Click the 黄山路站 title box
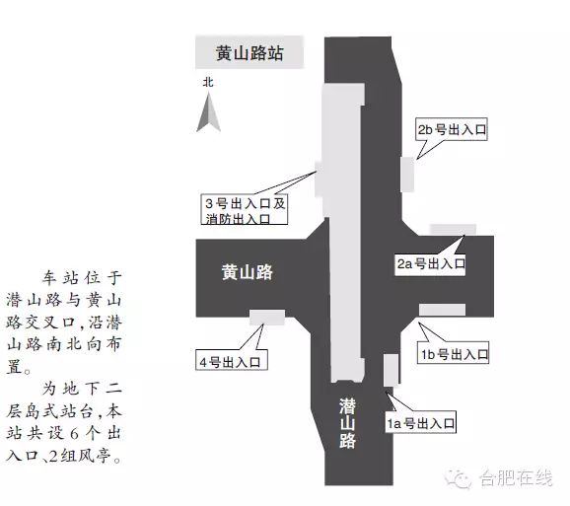pos(249,52)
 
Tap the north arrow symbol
pos(209,112)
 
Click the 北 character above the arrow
pos(208,82)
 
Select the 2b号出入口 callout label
pos(451,129)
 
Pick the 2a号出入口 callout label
pos(430,263)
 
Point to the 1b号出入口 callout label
pos(453,352)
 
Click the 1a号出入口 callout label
pos(420,422)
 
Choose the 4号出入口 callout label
pos(232,360)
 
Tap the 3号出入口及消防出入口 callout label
pos(245,210)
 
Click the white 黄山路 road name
pos(248,272)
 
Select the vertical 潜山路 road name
pos(347,423)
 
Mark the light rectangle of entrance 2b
pos(407,175)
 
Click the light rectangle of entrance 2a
pos(453,230)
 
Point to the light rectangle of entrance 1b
pos(442,310)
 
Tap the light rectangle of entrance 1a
pos(391,370)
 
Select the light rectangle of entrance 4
pos(267,318)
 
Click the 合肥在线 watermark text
pos(516,477)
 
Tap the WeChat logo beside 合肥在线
pos(458,478)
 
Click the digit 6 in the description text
pos(74,434)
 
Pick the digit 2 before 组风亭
pos(53,456)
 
